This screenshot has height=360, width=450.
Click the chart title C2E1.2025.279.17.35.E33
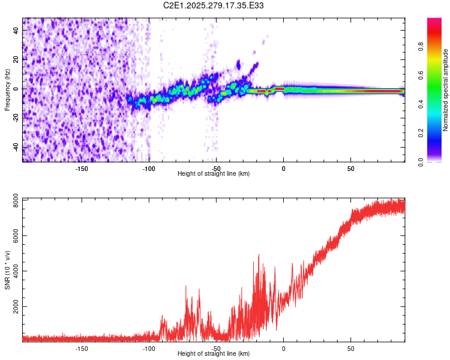tap(214, 5)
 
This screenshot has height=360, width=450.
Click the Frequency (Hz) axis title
tap(7, 89)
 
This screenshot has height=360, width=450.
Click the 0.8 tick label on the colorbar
tap(421, 46)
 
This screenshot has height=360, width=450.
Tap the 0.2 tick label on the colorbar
tap(421, 133)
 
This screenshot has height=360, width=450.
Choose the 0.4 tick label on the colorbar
tap(421, 104)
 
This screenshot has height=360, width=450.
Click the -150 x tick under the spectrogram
tap(82, 168)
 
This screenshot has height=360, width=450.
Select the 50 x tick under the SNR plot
tap(350, 348)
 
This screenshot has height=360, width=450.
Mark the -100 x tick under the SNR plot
tap(149, 348)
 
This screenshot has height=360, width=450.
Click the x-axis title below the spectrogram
tap(214, 174)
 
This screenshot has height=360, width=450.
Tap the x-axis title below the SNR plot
tap(214, 354)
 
